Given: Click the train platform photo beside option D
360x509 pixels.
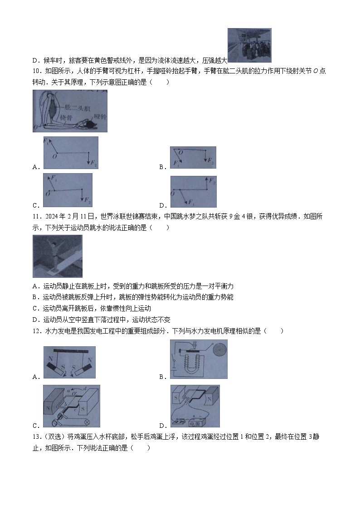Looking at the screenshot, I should point(249,45).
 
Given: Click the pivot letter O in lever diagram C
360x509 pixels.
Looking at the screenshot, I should point(47,194).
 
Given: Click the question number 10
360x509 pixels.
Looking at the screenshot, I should point(36,71).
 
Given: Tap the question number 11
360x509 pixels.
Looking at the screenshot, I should point(36,216).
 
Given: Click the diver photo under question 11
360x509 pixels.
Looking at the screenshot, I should point(57,256).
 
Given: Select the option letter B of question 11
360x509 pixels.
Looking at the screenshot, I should point(35,297).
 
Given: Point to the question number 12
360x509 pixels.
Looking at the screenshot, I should point(36,331).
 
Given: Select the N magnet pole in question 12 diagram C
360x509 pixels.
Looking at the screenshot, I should point(48,406).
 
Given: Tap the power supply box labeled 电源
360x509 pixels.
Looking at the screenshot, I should point(198,422).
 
